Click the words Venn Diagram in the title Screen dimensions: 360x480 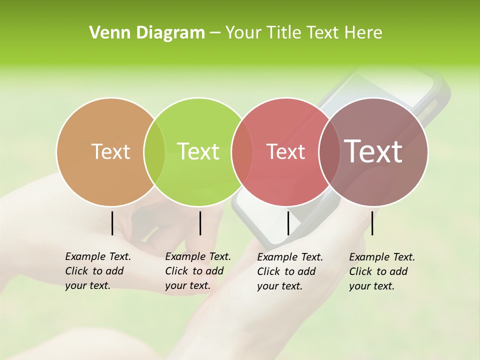[147, 33]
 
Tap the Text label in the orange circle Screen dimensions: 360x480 [111, 151]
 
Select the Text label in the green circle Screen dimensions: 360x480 [198, 151]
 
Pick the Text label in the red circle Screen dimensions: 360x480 [285, 151]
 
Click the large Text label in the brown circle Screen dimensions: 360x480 [373, 151]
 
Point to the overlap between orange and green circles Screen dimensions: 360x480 [154, 151]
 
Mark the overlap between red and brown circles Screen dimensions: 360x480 [327, 151]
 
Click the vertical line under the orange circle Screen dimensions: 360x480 [112, 223]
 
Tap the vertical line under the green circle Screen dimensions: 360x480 [200, 223]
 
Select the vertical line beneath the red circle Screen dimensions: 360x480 [288, 223]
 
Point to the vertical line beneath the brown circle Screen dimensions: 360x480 [372, 223]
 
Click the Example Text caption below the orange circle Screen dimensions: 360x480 [97, 256]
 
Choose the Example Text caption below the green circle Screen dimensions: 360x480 [197, 256]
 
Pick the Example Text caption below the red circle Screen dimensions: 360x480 [290, 257]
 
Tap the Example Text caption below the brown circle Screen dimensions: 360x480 [382, 257]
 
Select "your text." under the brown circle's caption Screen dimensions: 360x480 [371, 286]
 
